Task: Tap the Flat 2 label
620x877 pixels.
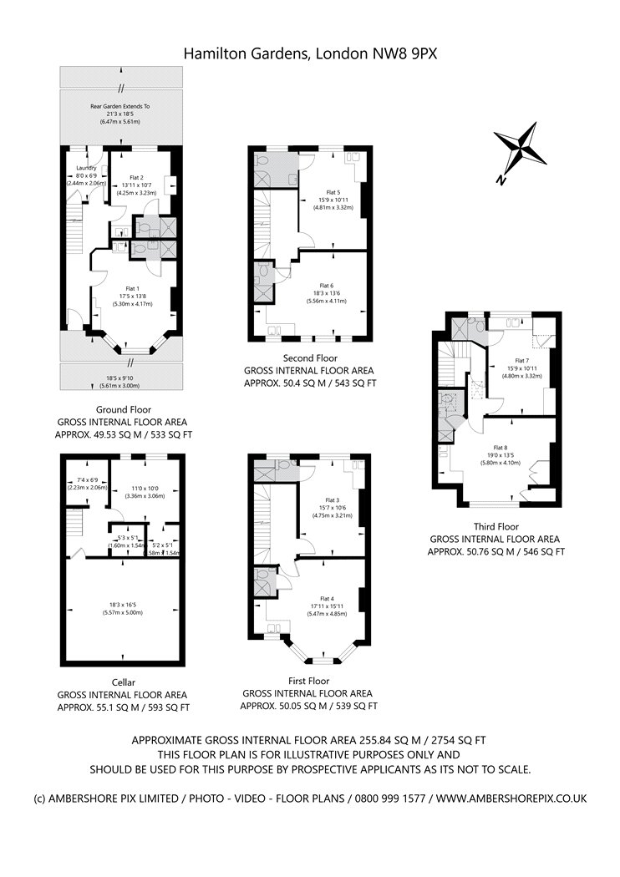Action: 136,177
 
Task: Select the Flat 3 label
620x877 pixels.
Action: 333,499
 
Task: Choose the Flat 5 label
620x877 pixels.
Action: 333,192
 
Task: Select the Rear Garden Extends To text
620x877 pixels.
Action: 120,107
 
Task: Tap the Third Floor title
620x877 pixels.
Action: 496,527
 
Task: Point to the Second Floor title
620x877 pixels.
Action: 308,357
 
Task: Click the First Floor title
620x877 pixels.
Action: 308,681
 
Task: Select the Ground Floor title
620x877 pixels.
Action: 123,410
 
